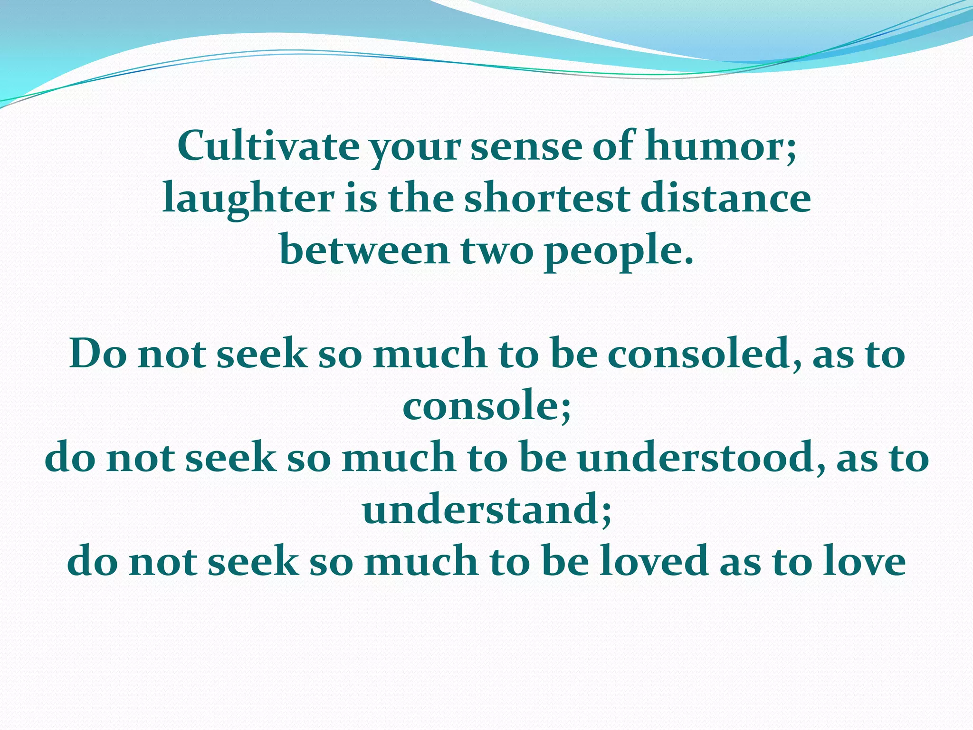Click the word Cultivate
point(268,146)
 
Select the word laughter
point(248,199)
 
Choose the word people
point(613,251)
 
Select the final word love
point(864,562)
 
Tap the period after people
point(689,261)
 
